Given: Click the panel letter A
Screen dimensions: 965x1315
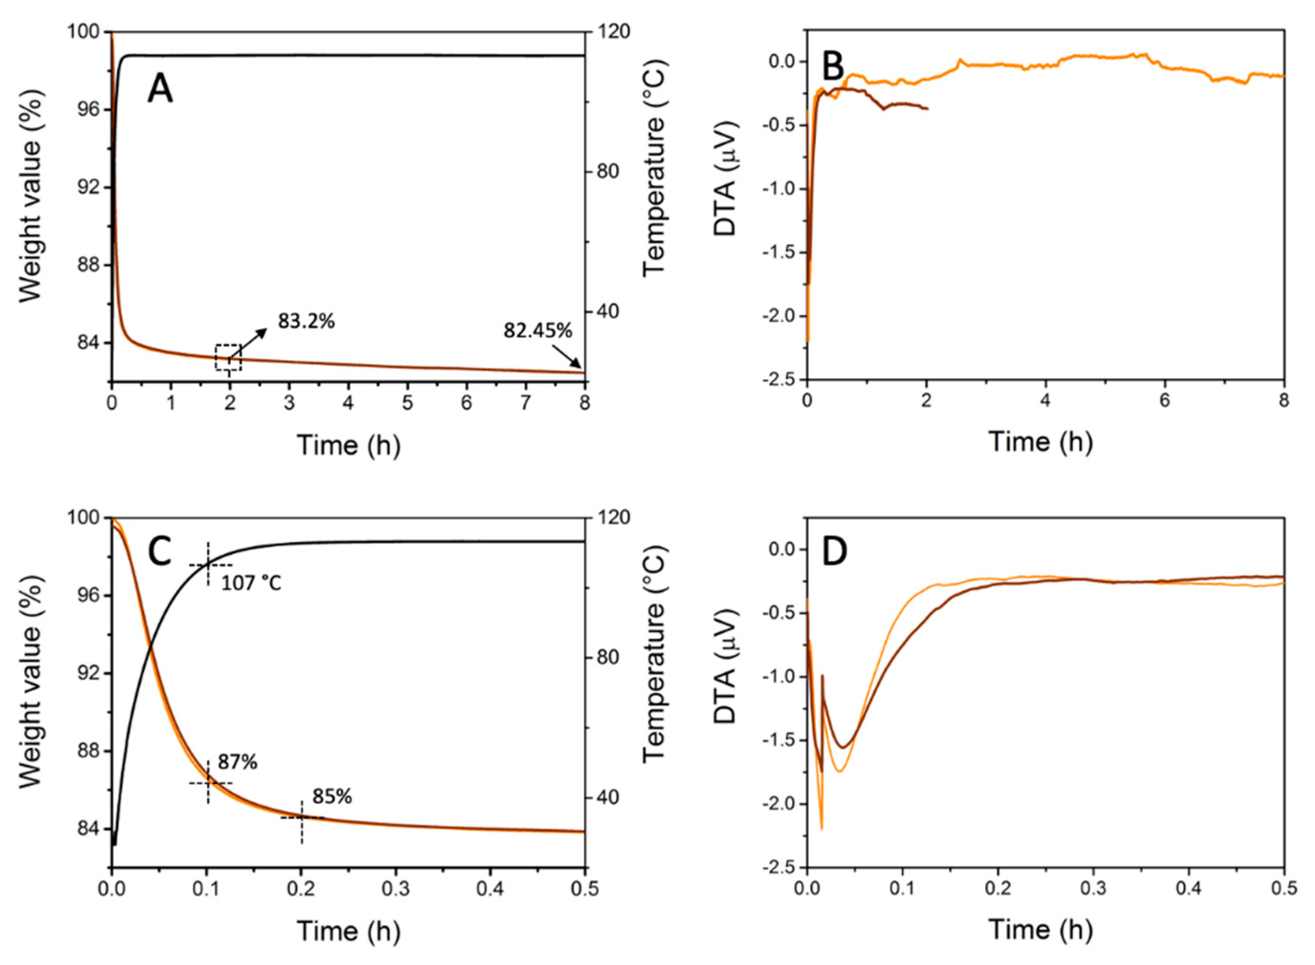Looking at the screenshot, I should [x=160, y=91].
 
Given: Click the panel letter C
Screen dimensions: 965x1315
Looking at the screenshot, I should [x=160, y=552].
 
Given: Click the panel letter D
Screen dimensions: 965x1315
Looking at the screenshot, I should [x=835, y=552].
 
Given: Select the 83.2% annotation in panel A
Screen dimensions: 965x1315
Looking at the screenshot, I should [x=306, y=321].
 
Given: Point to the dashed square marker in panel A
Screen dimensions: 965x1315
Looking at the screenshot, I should [x=228, y=357].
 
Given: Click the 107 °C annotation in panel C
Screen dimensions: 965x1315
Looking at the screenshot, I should [x=251, y=583].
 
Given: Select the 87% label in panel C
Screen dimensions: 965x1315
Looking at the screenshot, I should [x=238, y=762].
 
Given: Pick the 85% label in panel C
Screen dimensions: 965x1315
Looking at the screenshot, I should [x=332, y=796].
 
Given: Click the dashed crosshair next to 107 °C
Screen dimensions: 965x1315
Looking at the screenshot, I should [x=208, y=564].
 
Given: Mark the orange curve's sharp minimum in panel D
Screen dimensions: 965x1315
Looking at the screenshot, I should [x=822, y=828].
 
